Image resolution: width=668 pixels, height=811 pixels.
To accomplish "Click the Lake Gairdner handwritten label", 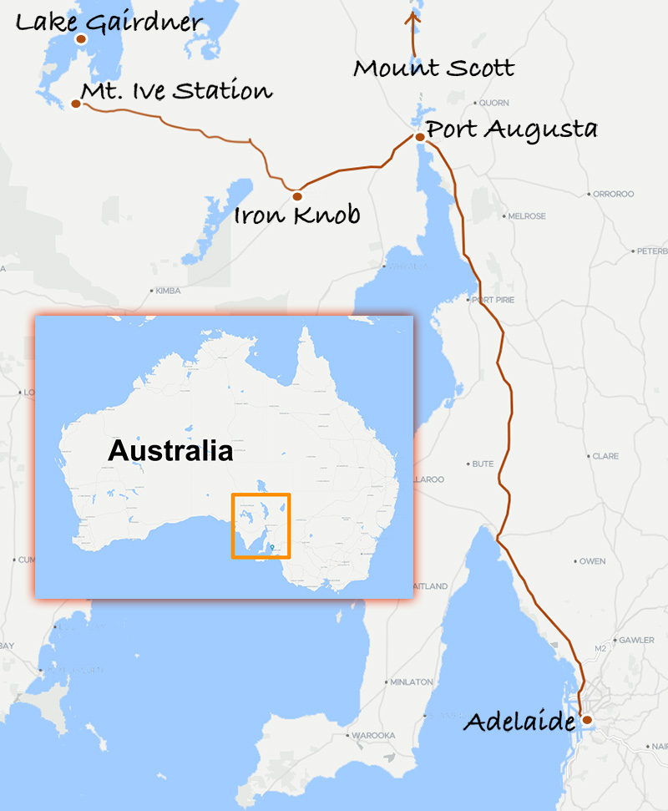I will (109, 22).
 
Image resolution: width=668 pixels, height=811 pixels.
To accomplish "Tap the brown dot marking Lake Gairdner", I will (81, 38).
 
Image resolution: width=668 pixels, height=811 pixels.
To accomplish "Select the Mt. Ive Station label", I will (176, 90).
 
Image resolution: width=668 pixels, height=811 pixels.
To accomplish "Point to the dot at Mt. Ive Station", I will (76, 104).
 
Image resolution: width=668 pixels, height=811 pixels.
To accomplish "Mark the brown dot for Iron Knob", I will (296, 195).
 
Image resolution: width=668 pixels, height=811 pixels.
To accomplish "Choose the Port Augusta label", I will (511, 130).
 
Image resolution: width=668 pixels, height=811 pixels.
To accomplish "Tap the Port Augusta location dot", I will (419, 137).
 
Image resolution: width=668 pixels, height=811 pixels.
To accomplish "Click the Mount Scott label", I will (433, 68).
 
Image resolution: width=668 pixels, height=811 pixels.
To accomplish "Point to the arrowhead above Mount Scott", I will (412, 14).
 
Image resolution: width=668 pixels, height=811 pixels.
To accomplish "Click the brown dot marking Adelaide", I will (587, 719).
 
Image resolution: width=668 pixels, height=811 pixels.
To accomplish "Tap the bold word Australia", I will (170, 452).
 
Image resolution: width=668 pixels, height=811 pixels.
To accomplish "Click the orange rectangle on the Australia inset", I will (261, 526).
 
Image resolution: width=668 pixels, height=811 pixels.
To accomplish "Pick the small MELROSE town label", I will (528, 216).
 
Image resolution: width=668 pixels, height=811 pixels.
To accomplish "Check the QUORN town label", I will (493, 104).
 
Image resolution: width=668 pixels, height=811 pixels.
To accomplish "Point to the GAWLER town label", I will (636, 640).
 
